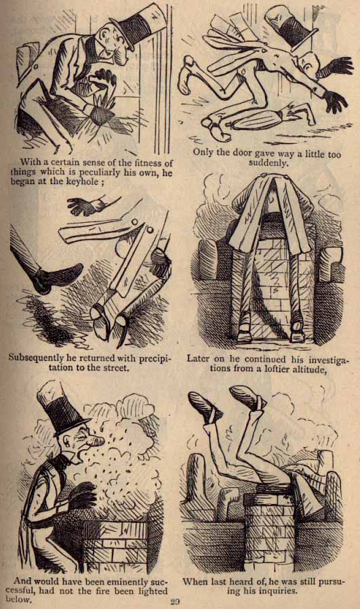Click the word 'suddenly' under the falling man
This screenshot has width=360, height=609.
(x=268, y=163)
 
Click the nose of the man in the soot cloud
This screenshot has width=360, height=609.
(x=97, y=442)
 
